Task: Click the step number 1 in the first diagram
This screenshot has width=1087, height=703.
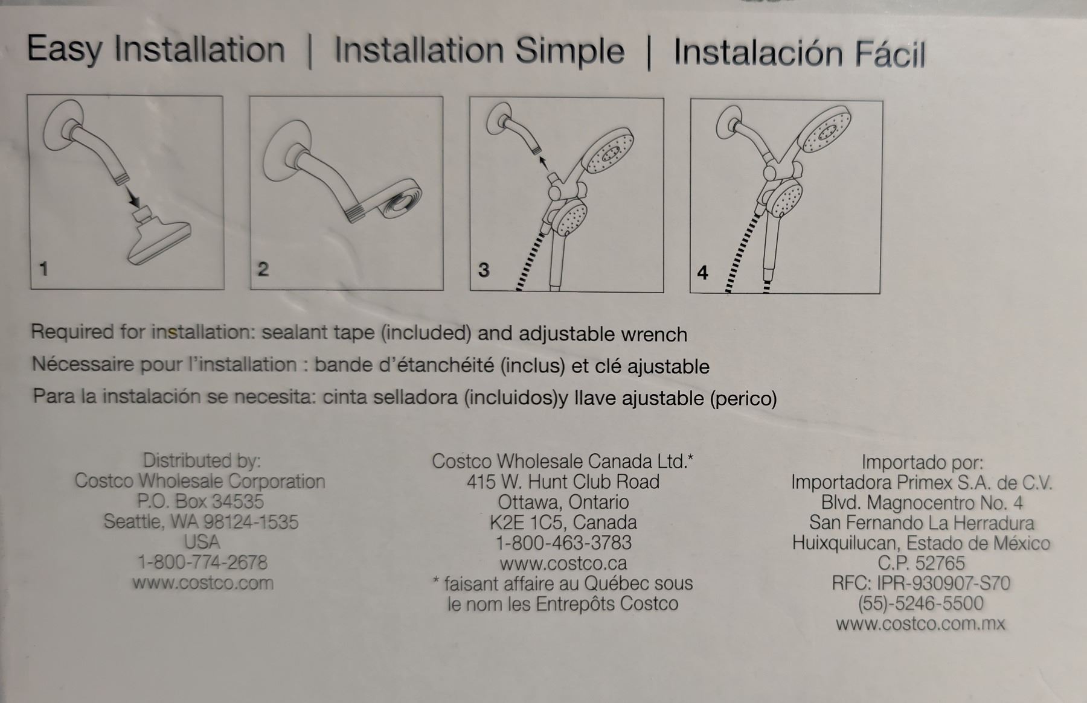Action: pyautogui.click(x=43, y=269)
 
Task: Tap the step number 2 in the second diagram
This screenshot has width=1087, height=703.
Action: pyautogui.click(x=263, y=269)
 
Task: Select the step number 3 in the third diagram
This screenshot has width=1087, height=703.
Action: pyautogui.click(x=483, y=270)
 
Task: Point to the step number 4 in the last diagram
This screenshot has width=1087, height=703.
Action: pyautogui.click(x=702, y=273)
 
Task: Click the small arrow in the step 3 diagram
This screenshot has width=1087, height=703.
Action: pyautogui.click(x=545, y=164)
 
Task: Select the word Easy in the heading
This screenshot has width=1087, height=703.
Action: pyautogui.click(x=64, y=49)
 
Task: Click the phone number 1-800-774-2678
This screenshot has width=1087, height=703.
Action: pyautogui.click(x=202, y=562)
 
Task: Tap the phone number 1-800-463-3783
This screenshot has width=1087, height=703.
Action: pyautogui.click(x=563, y=542)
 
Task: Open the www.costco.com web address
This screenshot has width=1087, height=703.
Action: pyautogui.click(x=203, y=583)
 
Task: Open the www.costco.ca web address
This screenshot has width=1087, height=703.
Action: pyautogui.click(x=563, y=564)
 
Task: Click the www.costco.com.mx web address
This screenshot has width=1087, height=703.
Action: pyautogui.click(x=921, y=623)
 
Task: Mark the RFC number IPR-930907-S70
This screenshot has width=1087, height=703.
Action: pyautogui.click(x=943, y=584)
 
